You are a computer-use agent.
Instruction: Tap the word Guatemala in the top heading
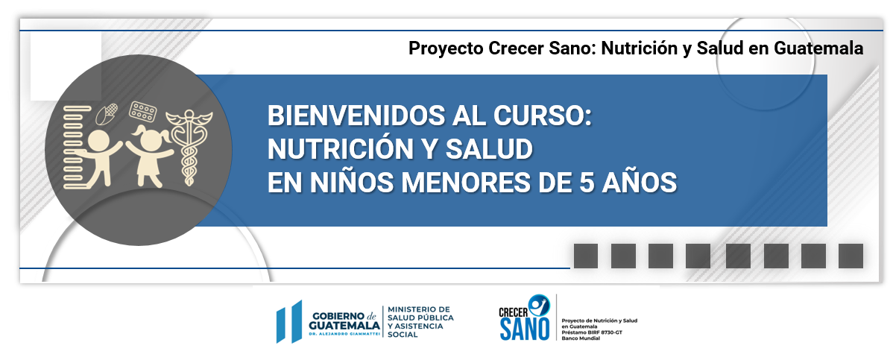[x=818, y=48]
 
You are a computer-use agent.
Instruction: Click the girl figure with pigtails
[x=150, y=156]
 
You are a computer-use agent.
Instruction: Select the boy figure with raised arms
[x=99, y=158]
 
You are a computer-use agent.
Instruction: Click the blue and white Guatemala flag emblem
[x=288, y=321]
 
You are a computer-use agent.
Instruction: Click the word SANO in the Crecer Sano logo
[x=525, y=329]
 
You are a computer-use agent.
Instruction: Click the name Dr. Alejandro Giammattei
[x=344, y=332]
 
